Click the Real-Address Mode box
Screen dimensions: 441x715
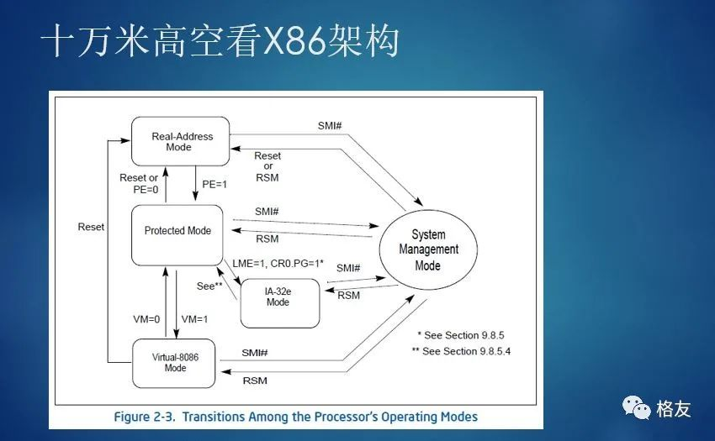tap(183, 141)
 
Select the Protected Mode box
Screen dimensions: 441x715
tap(177, 231)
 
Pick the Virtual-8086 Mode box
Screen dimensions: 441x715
tap(175, 362)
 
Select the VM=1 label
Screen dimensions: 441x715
tap(195, 319)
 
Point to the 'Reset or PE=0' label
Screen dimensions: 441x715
tap(140, 184)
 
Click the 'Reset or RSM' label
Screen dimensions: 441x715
tap(267, 166)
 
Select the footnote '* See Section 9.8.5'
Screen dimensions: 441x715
tap(459, 334)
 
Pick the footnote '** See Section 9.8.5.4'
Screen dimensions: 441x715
tap(462, 351)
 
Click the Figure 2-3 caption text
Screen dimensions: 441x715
tap(295, 417)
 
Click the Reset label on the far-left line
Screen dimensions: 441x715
tap(91, 227)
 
